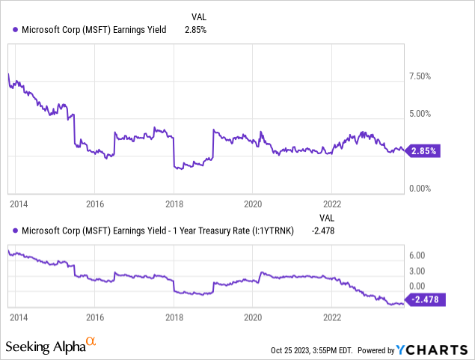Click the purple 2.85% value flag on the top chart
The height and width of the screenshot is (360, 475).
424,150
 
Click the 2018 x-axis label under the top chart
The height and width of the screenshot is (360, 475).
174,203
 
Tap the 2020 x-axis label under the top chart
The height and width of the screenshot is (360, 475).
253,203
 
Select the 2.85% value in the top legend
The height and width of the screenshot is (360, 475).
195,30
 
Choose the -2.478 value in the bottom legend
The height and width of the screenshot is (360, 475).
322,230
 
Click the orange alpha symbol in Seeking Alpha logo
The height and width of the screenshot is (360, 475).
91,342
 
